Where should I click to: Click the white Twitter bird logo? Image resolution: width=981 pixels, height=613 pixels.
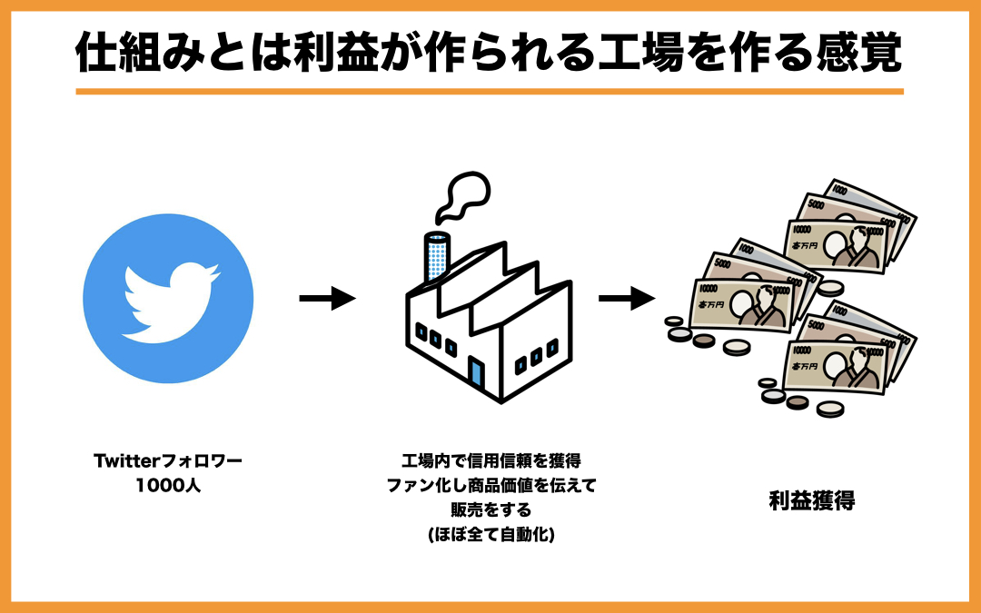click(169, 301)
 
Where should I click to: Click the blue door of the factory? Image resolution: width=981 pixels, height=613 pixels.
click(475, 371)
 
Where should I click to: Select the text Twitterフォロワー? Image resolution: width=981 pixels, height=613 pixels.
click(168, 460)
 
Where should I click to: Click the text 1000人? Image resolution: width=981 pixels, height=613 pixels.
click(168, 485)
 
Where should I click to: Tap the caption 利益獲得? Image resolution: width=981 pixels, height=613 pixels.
click(812, 500)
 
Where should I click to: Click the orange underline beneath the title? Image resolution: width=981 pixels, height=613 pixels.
click(490, 91)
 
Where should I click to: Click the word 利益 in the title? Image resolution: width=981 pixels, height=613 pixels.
click(346, 54)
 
